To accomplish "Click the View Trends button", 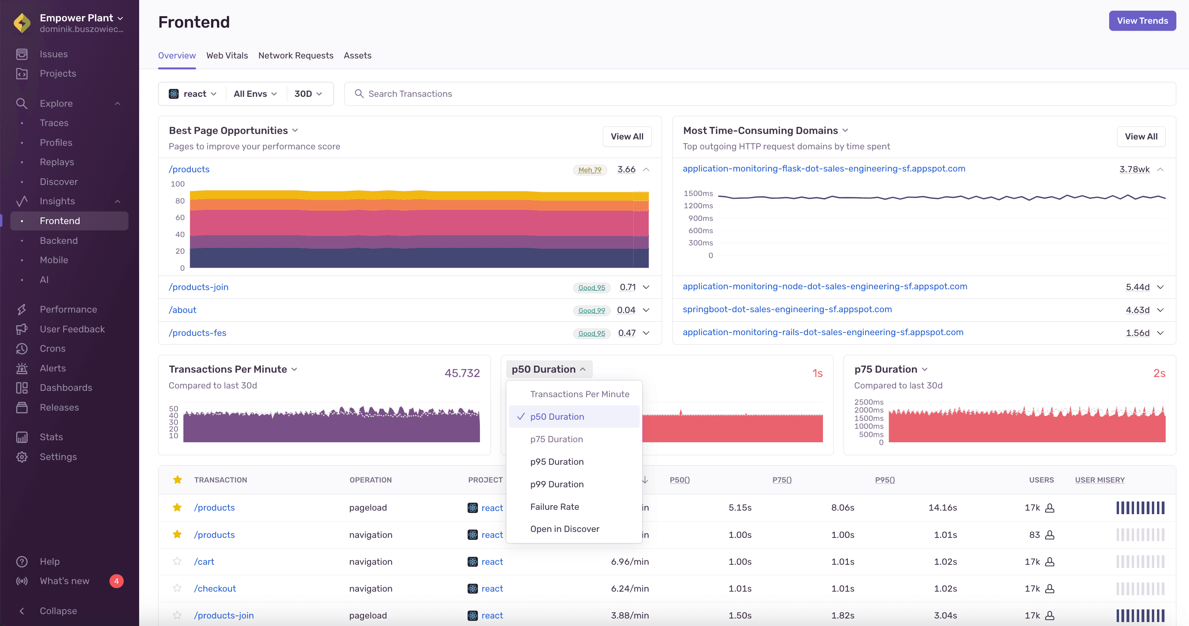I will (1142, 21).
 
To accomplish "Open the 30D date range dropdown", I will (308, 94).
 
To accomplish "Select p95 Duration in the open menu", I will (557, 462).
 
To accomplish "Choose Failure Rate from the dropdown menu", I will (554, 507).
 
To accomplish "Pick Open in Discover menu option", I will (564, 529).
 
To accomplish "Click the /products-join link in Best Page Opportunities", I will (198, 287).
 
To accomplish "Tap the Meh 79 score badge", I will (589, 170).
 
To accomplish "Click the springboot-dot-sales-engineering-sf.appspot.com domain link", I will (787, 309).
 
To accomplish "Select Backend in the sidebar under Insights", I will (59, 240).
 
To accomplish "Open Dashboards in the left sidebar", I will (66, 388).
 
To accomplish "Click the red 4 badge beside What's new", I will (116, 581).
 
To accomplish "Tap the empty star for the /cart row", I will (177, 562).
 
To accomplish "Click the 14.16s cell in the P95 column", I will (942, 507).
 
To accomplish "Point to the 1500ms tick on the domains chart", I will (698, 193).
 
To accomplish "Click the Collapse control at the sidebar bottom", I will (58, 611).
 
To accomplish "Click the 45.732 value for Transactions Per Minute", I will (462, 373).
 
